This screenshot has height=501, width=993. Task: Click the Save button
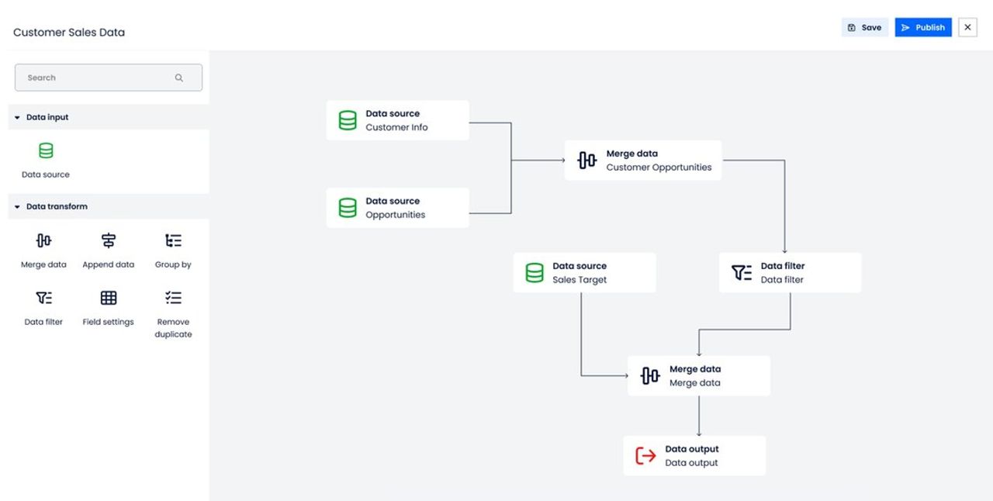coord(864,27)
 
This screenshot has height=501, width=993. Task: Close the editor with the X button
coord(967,27)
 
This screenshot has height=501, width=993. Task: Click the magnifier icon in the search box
coord(178,78)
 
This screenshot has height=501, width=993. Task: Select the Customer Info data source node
coord(398,120)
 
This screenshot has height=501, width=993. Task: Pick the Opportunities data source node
coord(398,208)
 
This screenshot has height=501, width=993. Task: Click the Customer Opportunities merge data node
coord(643,161)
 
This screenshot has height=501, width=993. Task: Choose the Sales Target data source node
coord(584,273)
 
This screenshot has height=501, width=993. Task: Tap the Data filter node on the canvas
coord(790,273)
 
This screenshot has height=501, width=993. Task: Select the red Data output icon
coord(645,456)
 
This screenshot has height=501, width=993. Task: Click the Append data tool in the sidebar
coord(108,251)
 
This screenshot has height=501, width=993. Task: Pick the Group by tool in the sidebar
coord(173,251)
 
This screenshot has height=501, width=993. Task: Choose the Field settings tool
coord(108,309)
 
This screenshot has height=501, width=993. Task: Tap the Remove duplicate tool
coord(173,314)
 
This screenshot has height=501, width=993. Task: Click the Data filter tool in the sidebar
coord(43,309)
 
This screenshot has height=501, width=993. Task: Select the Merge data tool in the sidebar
coord(43,251)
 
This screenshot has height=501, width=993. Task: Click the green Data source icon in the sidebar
coord(46,150)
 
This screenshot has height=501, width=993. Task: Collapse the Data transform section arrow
coord(17,206)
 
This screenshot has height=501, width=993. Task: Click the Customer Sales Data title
coord(69,33)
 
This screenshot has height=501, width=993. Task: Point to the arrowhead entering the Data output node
coord(699,434)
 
